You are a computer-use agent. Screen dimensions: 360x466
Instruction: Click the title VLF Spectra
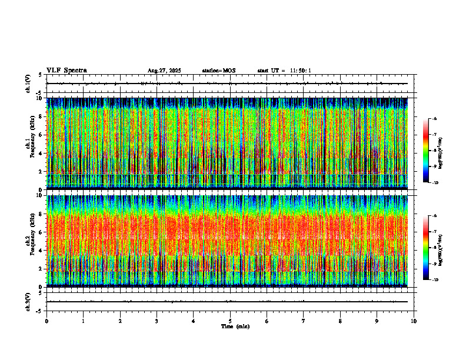point(66,70)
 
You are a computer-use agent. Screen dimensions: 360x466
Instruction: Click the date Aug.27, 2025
point(164,71)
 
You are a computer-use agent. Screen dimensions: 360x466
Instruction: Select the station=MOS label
point(218,71)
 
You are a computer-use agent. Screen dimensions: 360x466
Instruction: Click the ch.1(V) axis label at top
point(28,84)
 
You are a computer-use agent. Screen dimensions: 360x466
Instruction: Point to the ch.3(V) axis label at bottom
point(28,301)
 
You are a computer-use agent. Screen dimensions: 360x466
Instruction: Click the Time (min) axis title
point(235,326)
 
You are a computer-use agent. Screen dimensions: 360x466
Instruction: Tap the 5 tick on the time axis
point(230,321)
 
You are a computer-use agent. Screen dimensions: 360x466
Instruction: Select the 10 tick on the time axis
point(414,321)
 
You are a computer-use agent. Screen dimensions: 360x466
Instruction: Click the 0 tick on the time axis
point(46,321)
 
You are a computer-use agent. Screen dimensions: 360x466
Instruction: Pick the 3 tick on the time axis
point(157,321)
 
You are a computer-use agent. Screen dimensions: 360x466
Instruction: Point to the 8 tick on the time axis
point(340,321)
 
